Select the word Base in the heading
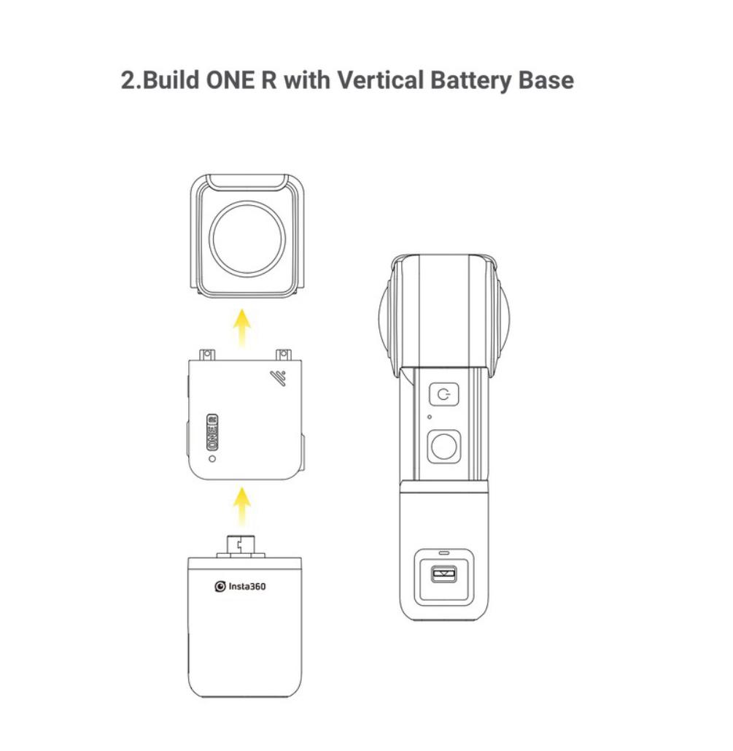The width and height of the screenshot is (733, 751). (546, 80)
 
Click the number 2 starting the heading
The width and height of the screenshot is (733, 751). (127, 80)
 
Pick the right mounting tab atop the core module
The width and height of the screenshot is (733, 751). (282, 355)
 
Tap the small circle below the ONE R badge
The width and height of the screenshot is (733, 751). (212, 458)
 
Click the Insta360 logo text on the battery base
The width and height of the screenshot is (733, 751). (241, 586)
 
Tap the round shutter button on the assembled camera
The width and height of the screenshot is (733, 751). (443, 445)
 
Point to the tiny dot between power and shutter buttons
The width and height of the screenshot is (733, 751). (430, 417)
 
